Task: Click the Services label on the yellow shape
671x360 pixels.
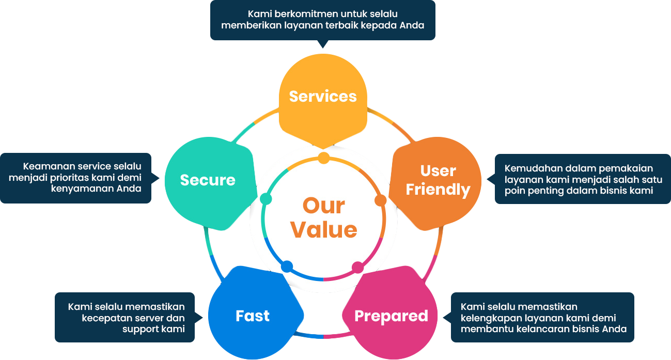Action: [323, 97]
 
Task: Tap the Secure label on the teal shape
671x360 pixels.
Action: [208, 180]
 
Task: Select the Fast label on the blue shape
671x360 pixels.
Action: [253, 316]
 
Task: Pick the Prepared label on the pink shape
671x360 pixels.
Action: [391, 316]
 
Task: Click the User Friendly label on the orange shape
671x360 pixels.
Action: [438, 180]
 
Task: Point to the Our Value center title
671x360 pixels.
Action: [324, 217]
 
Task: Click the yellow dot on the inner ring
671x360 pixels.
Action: [323, 158]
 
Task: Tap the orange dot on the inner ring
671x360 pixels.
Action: [380, 200]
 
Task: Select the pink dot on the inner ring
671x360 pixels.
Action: [357, 268]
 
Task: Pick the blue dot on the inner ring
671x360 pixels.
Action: [287, 267]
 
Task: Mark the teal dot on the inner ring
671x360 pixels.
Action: [266, 199]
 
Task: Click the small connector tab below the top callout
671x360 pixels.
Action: [323, 45]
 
